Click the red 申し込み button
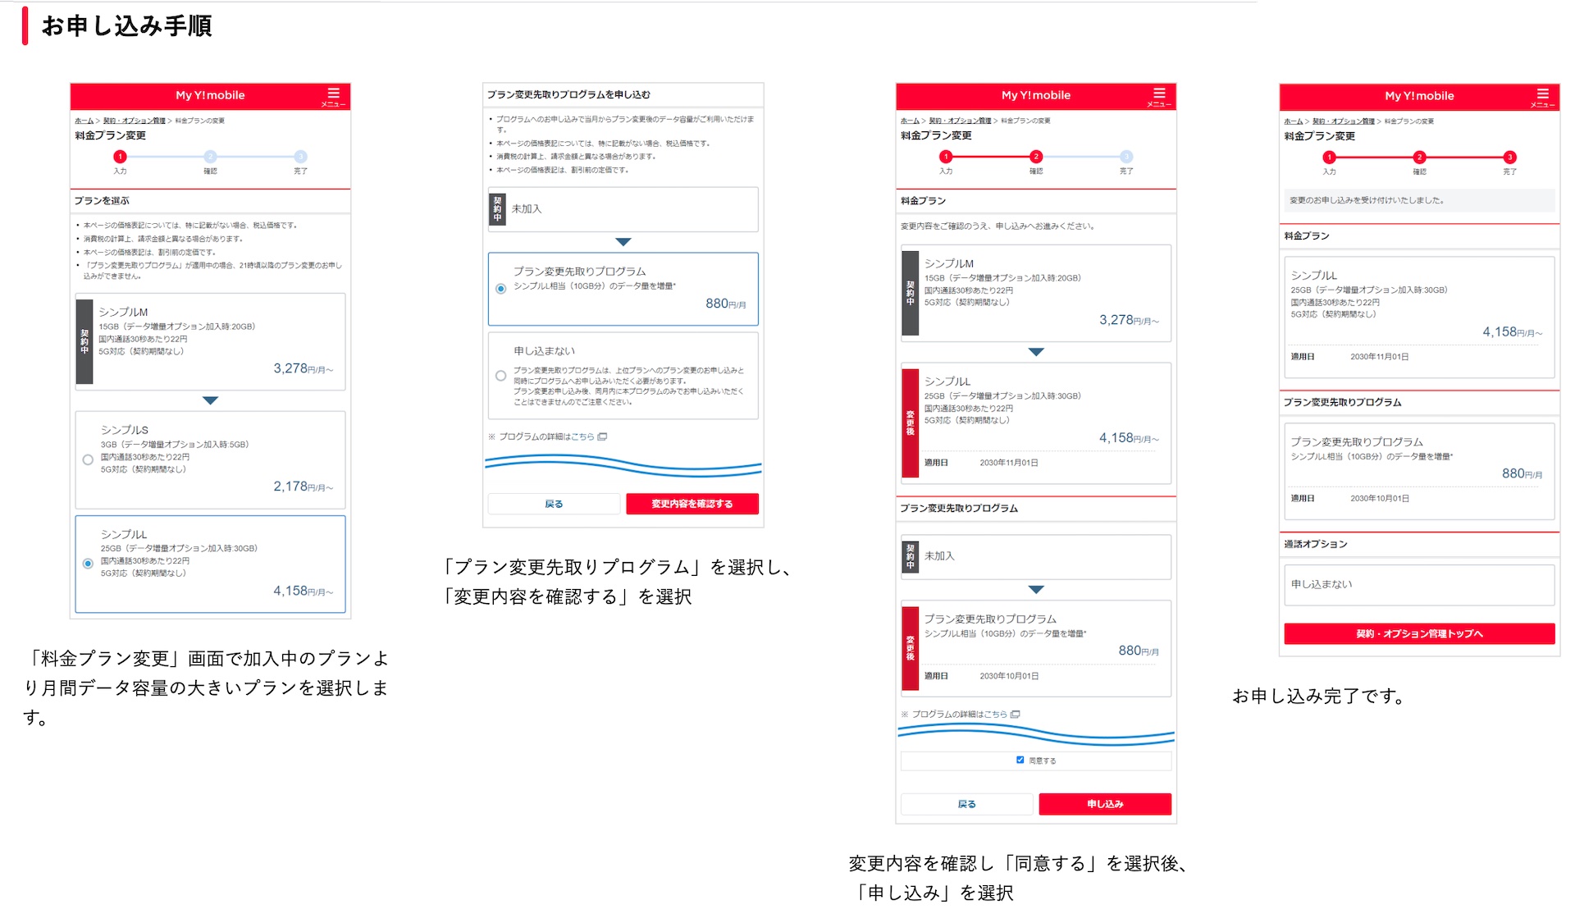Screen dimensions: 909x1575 pyautogui.click(x=1104, y=804)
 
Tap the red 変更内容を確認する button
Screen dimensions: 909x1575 pyautogui.click(x=692, y=504)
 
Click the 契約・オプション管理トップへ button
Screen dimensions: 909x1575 pyautogui.click(x=1419, y=633)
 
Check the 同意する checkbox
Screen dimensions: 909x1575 pyautogui.click(x=1020, y=760)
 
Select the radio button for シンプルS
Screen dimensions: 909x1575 pyautogui.click(x=88, y=459)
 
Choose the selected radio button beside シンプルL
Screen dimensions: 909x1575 pyautogui.click(x=88, y=564)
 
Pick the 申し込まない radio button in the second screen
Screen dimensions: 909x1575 pyautogui.click(x=500, y=376)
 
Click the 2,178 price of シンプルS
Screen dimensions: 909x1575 pyautogui.click(x=290, y=486)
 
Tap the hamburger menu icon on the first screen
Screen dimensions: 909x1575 pyautogui.click(x=333, y=94)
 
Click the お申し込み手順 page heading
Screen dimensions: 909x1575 pyautogui.click(x=126, y=26)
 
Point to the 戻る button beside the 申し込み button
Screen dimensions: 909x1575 pyautogui.click(x=966, y=804)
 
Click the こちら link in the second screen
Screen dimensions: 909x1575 pyautogui.click(x=582, y=436)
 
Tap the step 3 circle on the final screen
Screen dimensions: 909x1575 pyautogui.click(x=1509, y=158)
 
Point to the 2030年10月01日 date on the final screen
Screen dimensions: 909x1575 pyautogui.click(x=1380, y=498)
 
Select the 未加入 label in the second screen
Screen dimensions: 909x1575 pyautogui.click(x=527, y=209)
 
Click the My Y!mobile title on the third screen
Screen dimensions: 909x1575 pyautogui.click(x=1035, y=95)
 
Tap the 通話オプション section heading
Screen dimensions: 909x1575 pyautogui.click(x=1315, y=544)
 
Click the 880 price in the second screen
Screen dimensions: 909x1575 pyautogui.click(x=717, y=304)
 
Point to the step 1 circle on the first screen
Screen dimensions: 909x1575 pyautogui.click(x=120, y=157)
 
